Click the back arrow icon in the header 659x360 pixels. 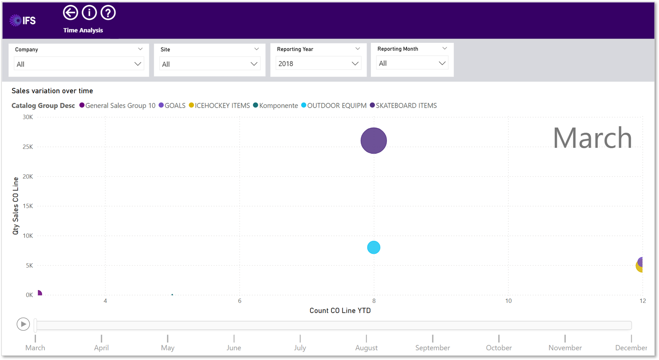coord(70,13)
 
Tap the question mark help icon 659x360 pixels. coord(108,13)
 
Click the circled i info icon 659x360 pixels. coord(89,13)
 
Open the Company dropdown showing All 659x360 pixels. coord(79,64)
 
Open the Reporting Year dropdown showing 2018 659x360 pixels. coord(318,64)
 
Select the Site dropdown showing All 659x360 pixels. coord(210,64)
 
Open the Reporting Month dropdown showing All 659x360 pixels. coord(412,63)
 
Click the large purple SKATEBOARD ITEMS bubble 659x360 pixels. coord(374,141)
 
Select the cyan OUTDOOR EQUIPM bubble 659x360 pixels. coord(374,247)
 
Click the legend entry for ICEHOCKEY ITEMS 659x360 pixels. coord(219,105)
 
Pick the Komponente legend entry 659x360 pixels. coord(275,105)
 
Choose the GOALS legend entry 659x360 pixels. coord(172,105)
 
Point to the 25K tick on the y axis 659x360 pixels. coord(28,147)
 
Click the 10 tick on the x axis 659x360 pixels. coord(508,301)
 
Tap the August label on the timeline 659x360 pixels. coord(366,348)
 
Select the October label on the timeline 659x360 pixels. coord(499,348)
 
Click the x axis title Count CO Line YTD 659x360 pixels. coord(340,311)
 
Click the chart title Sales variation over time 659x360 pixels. coord(52,91)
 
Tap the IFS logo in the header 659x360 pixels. coord(23,20)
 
